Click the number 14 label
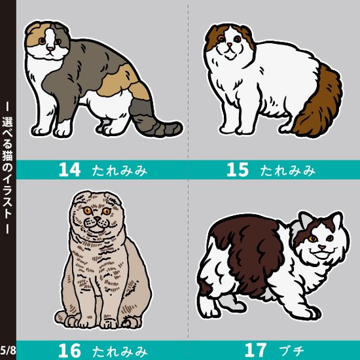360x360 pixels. tap(69, 170)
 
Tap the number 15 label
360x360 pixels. tap(238, 170)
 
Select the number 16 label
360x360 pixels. tap(69, 351)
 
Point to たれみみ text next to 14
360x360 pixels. tap(118, 171)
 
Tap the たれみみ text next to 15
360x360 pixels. tap(287, 171)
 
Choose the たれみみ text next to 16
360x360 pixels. tap(118, 351)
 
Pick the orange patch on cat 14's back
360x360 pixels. tap(120, 75)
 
